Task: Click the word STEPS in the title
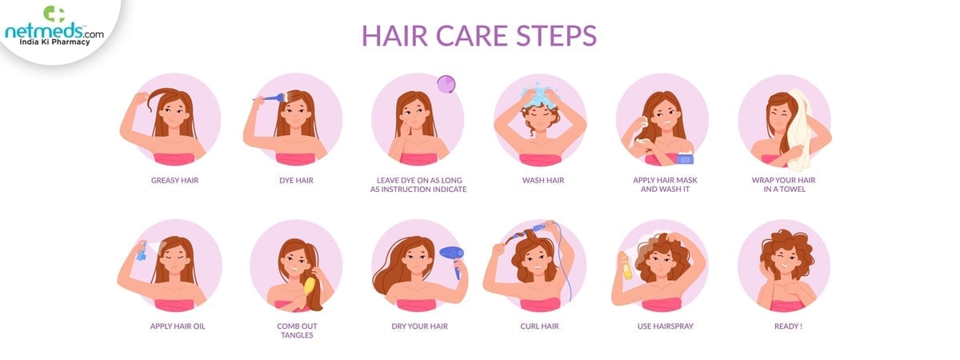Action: (x=556, y=35)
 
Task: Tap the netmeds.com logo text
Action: (x=54, y=31)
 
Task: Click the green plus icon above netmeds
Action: (x=54, y=14)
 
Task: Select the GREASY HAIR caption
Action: (x=175, y=181)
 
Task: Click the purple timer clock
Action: (x=446, y=84)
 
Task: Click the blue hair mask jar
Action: (x=685, y=158)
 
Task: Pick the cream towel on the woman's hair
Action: (x=798, y=130)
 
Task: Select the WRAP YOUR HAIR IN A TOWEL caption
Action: (x=783, y=185)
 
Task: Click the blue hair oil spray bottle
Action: (x=142, y=251)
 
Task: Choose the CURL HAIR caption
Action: (x=539, y=326)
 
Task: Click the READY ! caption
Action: (x=788, y=326)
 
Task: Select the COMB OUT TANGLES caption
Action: (x=297, y=330)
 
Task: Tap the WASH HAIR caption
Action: (x=543, y=181)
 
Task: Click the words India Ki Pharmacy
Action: (x=54, y=42)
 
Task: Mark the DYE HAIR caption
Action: (x=296, y=181)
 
